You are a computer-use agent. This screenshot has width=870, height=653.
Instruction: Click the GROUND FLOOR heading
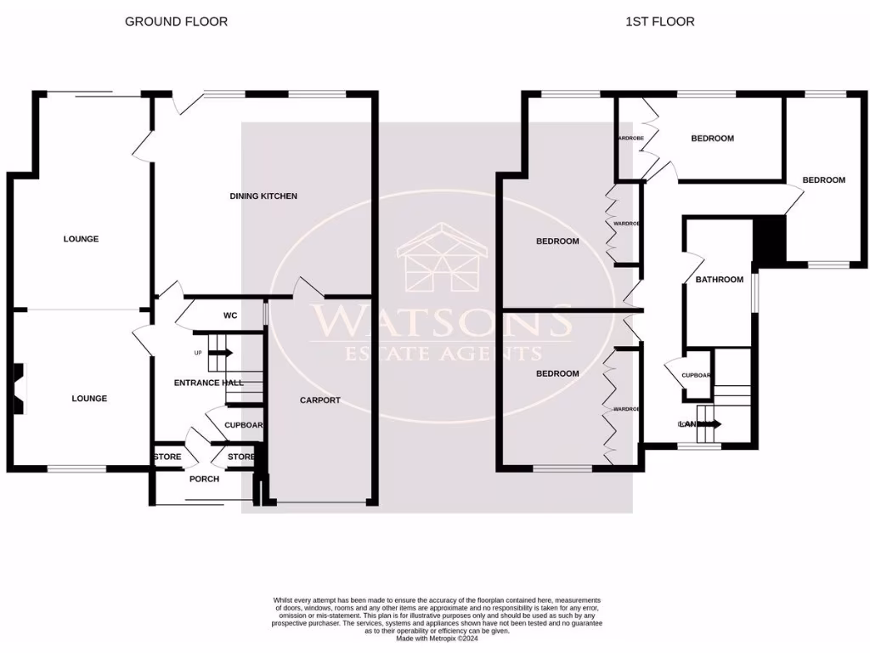point(176,21)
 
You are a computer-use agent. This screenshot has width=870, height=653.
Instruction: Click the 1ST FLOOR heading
point(659,21)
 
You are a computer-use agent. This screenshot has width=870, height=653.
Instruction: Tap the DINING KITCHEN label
point(263,196)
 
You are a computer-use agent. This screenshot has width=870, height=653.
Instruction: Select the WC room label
point(229,316)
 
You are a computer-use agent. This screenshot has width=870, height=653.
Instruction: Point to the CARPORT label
point(320,400)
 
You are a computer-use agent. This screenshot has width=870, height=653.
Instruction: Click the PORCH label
point(204,479)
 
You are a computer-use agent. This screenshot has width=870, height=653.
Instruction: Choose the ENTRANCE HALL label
point(209,383)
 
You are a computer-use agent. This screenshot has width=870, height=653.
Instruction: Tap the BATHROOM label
point(720,280)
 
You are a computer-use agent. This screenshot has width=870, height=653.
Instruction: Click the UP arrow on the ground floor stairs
point(219,352)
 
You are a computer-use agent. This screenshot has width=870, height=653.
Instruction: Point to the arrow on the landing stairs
point(710,423)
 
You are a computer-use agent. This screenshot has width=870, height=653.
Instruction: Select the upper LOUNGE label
point(81,239)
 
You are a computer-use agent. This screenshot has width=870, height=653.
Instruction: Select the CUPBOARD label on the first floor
point(697,374)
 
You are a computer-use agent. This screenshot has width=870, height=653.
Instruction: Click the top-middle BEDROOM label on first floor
point(712,139)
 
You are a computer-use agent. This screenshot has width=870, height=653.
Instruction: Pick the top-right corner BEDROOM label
point(824,180)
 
